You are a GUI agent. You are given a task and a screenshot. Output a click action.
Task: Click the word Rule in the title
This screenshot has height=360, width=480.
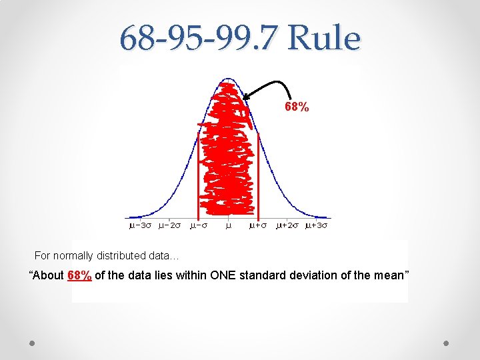[324, 39]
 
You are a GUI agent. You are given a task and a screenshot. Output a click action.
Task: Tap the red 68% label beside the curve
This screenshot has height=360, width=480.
[297, 107]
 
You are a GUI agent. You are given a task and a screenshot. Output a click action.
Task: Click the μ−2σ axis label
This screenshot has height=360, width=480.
[169, 225]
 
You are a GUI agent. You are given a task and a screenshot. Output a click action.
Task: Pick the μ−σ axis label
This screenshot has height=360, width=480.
[199, 225]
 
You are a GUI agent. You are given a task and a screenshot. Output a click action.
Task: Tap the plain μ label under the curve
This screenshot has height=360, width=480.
[228, 225]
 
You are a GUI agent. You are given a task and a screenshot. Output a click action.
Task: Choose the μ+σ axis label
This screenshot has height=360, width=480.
[258, 225]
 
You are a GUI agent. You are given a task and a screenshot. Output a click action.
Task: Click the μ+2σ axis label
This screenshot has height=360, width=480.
[287, 225]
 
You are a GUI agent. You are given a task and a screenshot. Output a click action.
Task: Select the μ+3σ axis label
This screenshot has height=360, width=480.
[317, 225]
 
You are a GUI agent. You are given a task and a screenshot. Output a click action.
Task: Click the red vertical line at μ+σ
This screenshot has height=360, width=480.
[258, 173]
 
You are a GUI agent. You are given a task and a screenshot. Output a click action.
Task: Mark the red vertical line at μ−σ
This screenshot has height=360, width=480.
[199, 173]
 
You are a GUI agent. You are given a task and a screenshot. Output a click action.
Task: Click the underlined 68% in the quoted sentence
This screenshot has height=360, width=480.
[80, 275]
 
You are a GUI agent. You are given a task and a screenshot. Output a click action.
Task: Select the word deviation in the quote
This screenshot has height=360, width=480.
[313, 275]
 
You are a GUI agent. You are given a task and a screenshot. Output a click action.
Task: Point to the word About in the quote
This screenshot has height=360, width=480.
[49, 275]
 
